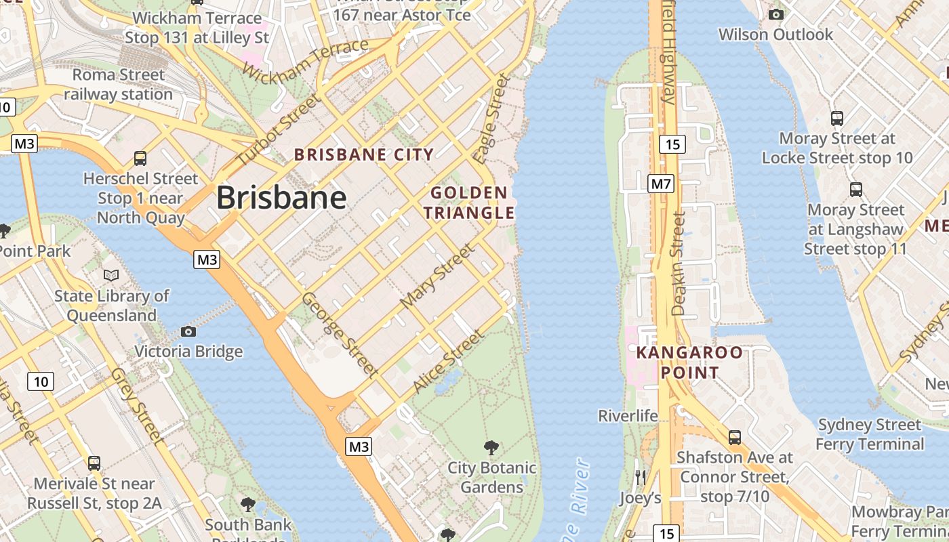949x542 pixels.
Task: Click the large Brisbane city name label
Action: [281, 198]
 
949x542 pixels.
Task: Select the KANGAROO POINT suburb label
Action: [689, 362]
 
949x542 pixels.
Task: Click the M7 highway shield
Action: [661, 184]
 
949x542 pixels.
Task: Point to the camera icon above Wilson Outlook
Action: [776, 14]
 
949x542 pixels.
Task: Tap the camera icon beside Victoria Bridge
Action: [188, 331]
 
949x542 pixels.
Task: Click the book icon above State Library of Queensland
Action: [111, 276]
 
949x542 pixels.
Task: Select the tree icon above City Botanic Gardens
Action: [491, 448]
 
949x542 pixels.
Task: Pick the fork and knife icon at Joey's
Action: [641, 478]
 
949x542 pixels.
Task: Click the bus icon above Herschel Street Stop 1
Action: [140, 159]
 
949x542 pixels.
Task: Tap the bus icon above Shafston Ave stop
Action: [735, 438]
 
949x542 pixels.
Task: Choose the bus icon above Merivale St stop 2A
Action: [94, 463]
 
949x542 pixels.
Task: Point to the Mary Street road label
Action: [438, 276]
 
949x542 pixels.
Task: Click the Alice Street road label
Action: [449, 361]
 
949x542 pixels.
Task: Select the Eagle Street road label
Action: [491, 119]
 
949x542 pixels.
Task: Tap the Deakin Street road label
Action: [678, 264]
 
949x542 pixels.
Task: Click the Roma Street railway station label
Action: [119, 85]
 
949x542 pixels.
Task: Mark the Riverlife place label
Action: [628, 415]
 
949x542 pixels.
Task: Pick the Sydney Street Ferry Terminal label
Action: [870, 434]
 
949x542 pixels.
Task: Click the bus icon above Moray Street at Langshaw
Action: [856, 190]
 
